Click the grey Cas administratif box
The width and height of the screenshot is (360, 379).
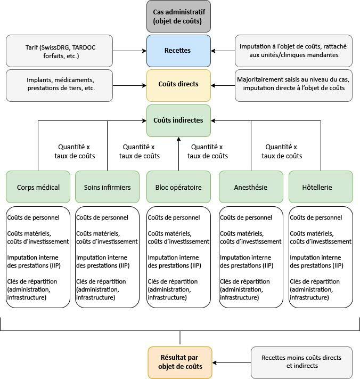[179, 16]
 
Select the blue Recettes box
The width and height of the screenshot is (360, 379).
[179, 51]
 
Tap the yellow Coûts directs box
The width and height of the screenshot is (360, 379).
[179, 85]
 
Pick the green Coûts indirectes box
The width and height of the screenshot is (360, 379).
[179, 120]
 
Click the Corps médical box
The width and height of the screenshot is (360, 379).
[38, 187]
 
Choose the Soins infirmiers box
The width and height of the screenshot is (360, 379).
[107, 187]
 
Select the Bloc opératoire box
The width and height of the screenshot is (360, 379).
[179, 187]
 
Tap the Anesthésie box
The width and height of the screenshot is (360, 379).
[251, 187]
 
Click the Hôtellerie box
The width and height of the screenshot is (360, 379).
[321, 187]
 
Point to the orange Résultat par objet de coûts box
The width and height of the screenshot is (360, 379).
[179, 362]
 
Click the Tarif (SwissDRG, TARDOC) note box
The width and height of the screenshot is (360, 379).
[59, 51]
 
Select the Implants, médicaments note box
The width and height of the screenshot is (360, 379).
[59, 85]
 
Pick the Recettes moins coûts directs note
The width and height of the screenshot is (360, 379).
[301, 362]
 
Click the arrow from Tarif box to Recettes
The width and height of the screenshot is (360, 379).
[129, 51]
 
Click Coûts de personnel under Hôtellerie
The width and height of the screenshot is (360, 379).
[316, 217]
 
